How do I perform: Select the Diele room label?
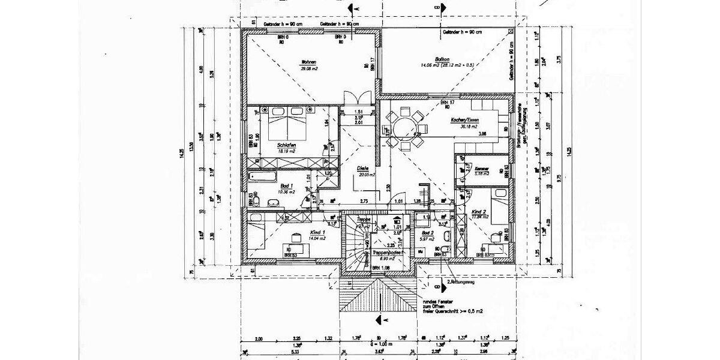click(x=362, y=168)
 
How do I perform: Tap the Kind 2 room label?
click(x=478, y=212)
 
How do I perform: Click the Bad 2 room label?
click(x=427, y=232)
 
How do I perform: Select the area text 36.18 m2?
click(x=468, y=127)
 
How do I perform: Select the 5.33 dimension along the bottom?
click(x=260, y=352)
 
